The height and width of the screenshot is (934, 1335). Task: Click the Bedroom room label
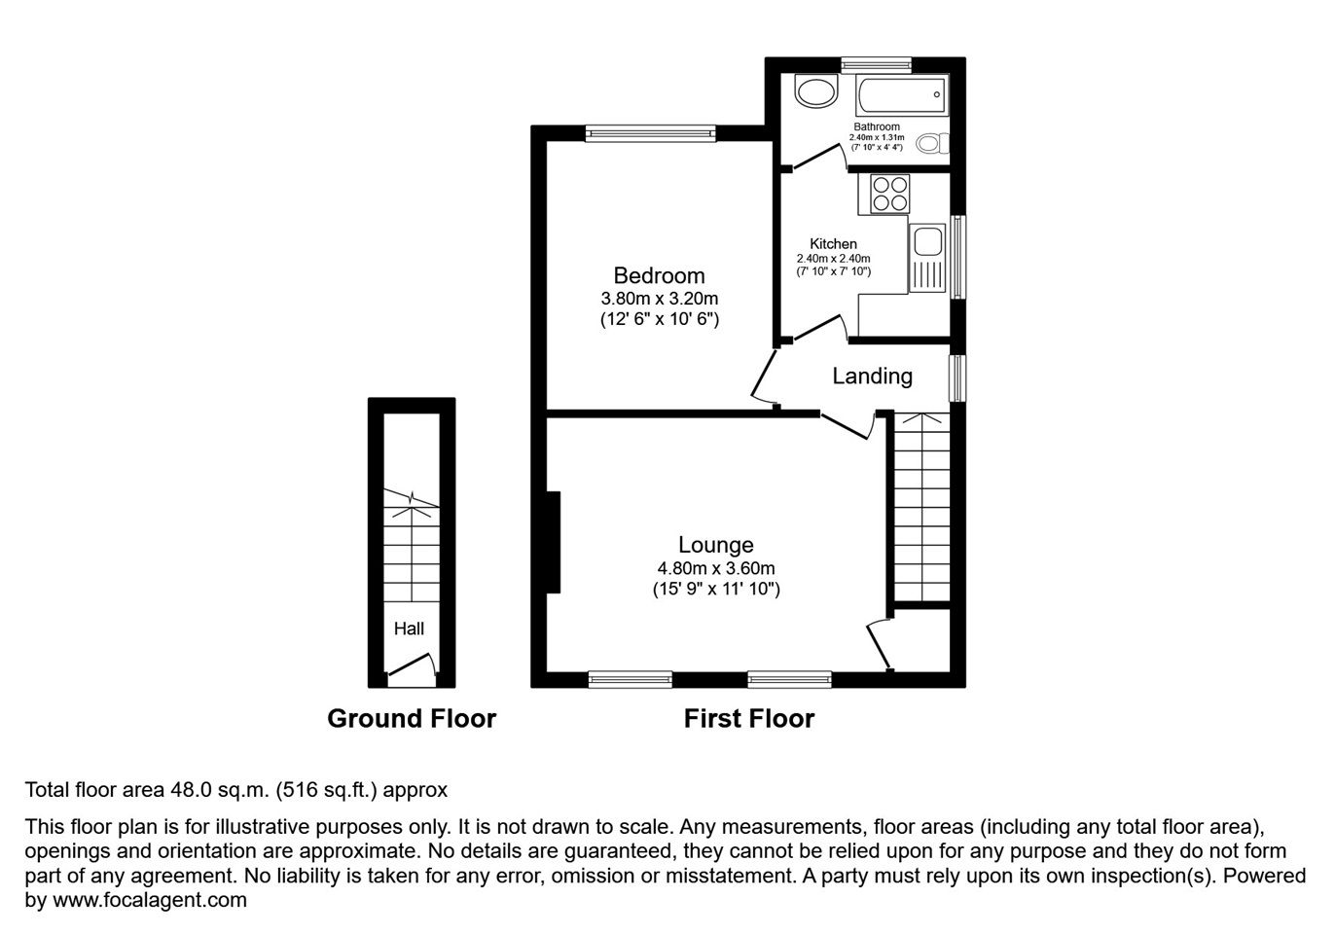(x=659, y=275)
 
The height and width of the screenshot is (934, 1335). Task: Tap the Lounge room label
(x=716, y=545)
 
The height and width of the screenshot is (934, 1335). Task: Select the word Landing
(x=872, y=377)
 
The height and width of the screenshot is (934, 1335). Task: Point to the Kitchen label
(x=833, y=244)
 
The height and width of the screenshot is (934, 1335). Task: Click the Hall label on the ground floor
(x=409, y=629)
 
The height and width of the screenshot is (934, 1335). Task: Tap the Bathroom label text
(x=877, y=126)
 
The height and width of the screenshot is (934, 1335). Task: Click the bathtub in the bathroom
(x=902, y=95)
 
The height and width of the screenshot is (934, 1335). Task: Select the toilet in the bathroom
(x=932, y=144)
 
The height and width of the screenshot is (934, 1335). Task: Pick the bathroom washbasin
(x=816, y=93)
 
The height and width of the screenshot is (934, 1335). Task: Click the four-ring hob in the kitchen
(x=889, y=194)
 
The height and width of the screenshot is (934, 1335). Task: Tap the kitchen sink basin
(x=927, y=240)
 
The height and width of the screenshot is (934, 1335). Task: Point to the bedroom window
(x=650, y=133)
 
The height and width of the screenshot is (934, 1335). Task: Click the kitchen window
(x=957, y=257)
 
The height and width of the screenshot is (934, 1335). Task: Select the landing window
(x=957, y=378)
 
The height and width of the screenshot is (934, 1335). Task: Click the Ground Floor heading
(x=412, y=719)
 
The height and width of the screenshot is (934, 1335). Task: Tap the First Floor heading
(x=749, y=719)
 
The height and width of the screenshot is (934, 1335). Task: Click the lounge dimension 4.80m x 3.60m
(x=716, y=568)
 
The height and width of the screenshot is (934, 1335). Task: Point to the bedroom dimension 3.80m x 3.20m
(x=659, y=298)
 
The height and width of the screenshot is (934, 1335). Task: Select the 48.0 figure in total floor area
(x=191, y=790)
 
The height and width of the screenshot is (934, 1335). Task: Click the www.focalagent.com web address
(x=150, y=899)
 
